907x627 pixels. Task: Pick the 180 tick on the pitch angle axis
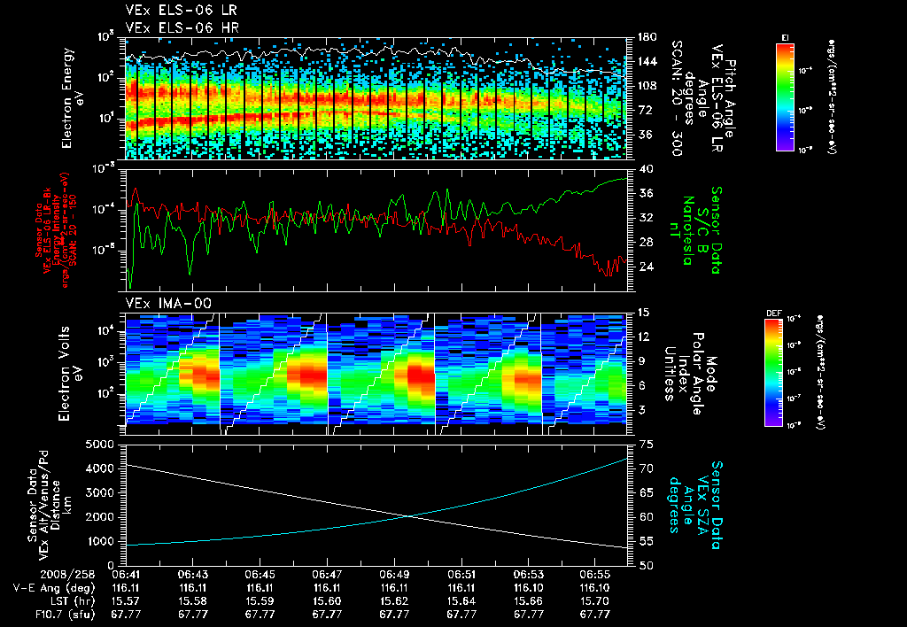[x=642, y=37]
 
